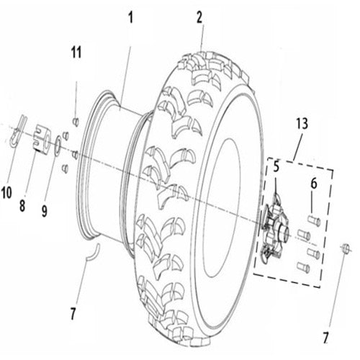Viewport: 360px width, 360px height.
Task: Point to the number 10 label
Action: pos(7,192)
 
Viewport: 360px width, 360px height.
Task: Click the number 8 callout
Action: pos(23,204)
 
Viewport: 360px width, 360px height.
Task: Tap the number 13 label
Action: pos(300,124)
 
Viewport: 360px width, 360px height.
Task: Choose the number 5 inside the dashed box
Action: pos(274,167)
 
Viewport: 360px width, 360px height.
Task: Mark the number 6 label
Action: pos(313,184)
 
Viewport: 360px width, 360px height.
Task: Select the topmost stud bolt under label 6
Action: pos(313,221)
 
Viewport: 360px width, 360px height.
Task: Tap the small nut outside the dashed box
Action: pos(345,248)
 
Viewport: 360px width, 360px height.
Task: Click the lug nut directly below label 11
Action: pos(76,120)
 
